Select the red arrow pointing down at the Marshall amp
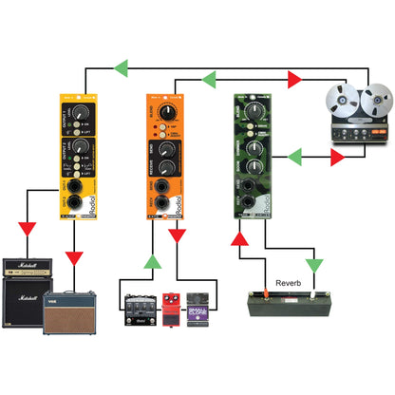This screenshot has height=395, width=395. (x=28, y=231)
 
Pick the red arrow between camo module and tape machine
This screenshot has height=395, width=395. (x=336, y=159)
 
